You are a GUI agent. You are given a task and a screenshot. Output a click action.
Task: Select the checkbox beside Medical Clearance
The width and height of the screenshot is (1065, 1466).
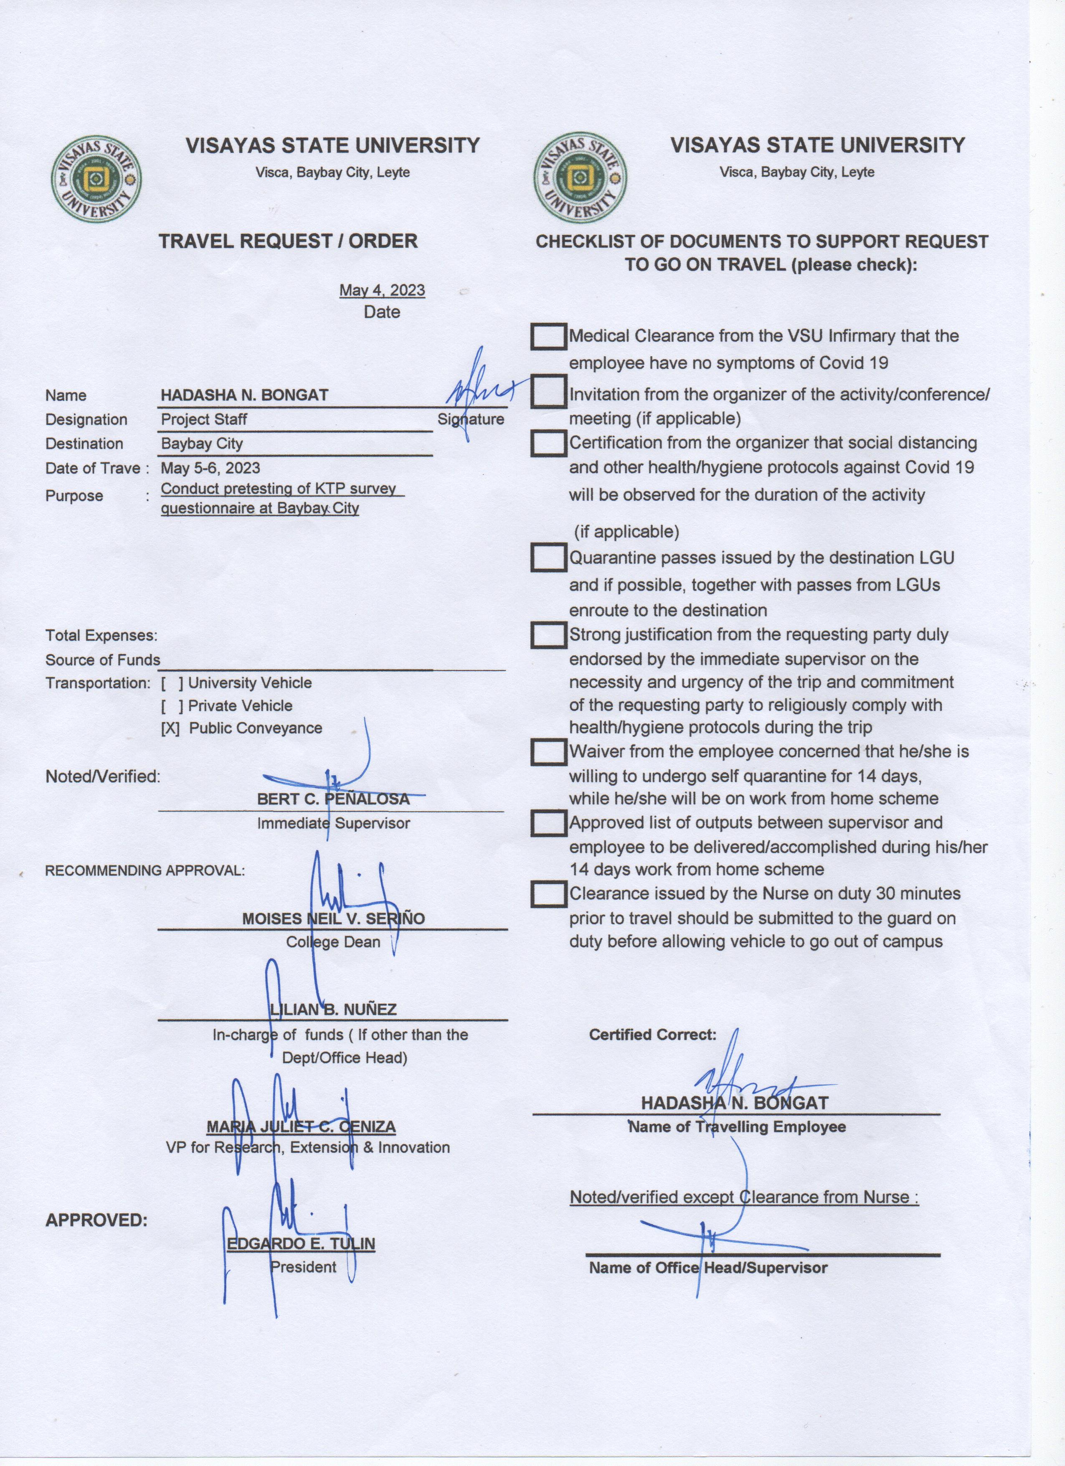(x=549, y=336)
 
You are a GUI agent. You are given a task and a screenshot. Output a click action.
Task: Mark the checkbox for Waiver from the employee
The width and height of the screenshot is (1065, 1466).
(x=549, y=752)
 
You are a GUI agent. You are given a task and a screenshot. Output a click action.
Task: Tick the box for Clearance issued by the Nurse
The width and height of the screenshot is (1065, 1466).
(x=549, y=894)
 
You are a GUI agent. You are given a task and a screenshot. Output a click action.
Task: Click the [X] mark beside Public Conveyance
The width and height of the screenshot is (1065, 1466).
(x=170, y=728)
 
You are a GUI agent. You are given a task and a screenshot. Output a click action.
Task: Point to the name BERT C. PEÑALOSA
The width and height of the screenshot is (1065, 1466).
(x=333, y=799)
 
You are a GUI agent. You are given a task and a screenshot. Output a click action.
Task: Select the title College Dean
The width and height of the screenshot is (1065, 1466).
(x=333, y=942)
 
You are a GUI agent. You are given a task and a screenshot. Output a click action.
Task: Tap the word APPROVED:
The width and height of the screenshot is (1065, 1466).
(x=96, y=1220)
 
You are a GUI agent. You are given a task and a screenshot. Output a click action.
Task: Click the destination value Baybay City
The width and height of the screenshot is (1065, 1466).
(x=202, y=444)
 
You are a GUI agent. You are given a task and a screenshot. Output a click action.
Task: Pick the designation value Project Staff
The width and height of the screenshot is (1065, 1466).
(x=203, y=419)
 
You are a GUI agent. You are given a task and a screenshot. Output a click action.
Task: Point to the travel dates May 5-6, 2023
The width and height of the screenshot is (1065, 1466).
(x=210, y=468)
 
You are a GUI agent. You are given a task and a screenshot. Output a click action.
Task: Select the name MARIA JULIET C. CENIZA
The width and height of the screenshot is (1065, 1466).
(x=301, y=1127)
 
